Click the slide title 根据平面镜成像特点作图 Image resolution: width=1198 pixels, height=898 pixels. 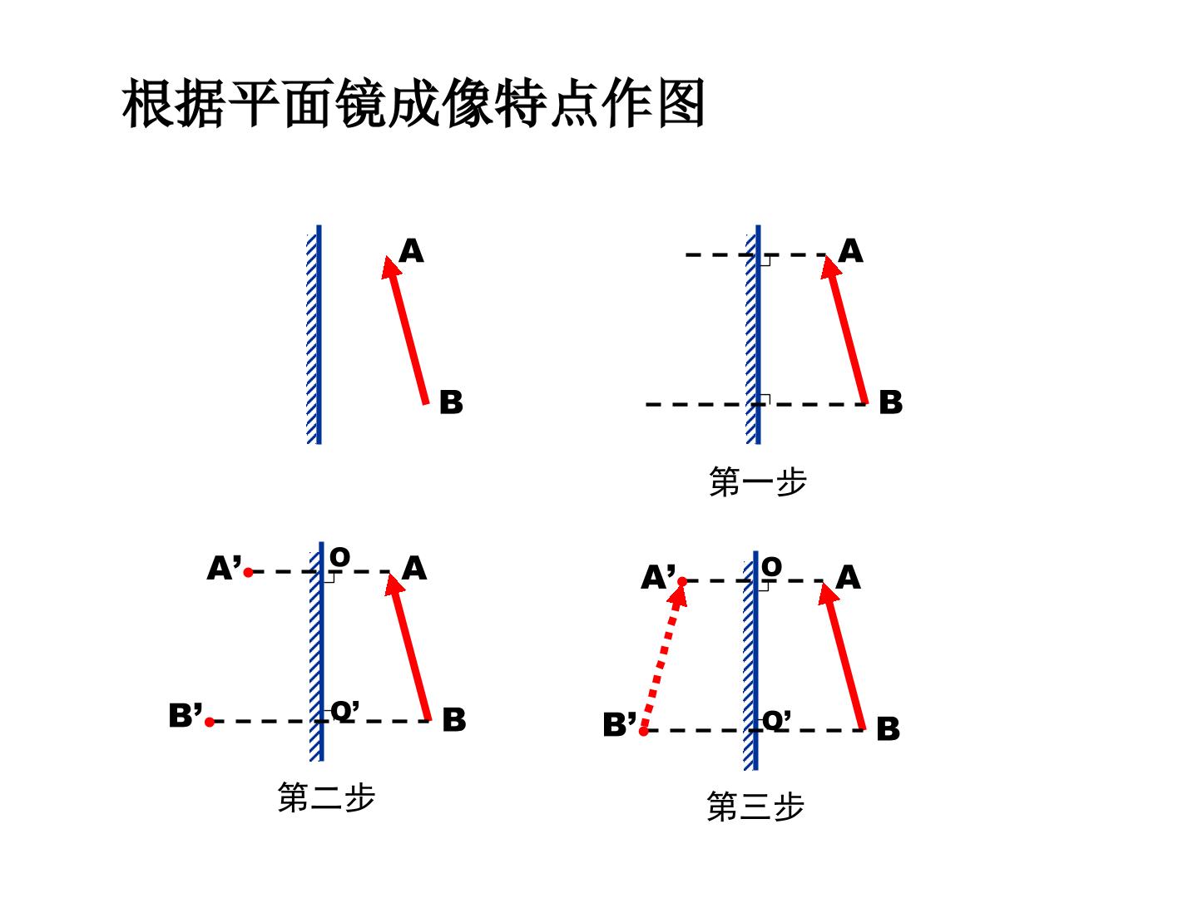[413, 103]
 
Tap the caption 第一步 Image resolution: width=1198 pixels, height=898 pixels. [758, 481]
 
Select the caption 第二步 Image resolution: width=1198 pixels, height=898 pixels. [326, 797]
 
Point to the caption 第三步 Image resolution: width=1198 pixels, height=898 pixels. [755, 807]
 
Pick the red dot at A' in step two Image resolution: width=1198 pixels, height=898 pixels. [248, 573]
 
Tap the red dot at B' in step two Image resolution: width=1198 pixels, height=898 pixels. [210, 722]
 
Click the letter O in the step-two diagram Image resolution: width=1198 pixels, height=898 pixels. [339, 557]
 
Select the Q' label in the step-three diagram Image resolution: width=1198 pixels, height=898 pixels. [776, 720]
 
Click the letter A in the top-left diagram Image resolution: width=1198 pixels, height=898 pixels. [411, 251]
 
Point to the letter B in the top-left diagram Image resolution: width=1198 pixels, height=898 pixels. [451, 402]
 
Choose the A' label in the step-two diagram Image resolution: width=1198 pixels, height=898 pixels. [224, 568]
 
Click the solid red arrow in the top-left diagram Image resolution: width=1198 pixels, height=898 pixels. [405, 330]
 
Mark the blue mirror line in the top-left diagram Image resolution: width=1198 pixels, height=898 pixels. [319, 334]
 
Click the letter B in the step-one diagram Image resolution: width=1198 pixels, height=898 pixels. [891, 402]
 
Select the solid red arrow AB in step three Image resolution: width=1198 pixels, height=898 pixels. [841, 656]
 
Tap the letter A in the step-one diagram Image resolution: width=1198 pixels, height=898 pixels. [850, 251]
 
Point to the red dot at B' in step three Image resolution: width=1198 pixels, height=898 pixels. [643, 731]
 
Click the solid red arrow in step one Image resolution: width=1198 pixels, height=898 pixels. [844, 330]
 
